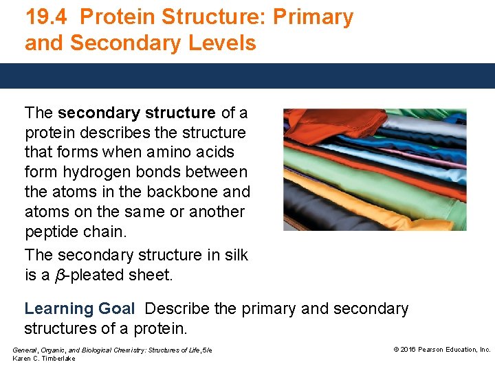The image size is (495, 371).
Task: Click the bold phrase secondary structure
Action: [137, 112]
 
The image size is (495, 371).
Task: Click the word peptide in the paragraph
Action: [52, 231]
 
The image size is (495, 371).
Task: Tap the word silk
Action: [234, 255]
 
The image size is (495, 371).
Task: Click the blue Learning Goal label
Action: [79, 309]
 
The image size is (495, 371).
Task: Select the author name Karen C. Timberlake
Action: [44, 359]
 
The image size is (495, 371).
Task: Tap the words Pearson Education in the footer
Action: [450, 350]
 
